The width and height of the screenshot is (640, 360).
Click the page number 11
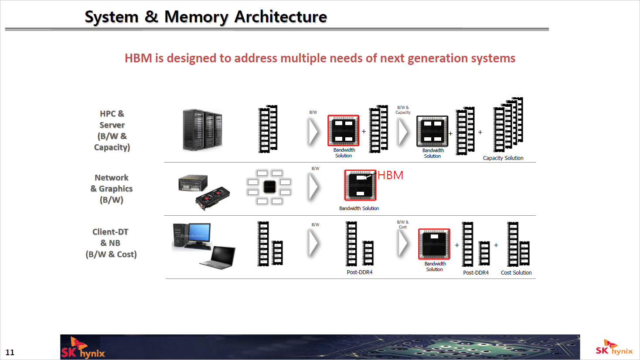(10, 352)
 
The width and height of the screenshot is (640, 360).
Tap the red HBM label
(390, 175)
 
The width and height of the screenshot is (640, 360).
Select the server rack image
(202, 130)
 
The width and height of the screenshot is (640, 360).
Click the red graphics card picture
(213, 198)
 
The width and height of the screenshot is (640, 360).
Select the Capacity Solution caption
(503, 158)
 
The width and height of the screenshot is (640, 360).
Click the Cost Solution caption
(516, 273)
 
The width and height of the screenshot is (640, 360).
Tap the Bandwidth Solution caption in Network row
(359, 208)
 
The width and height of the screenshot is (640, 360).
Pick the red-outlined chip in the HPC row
(344, 130)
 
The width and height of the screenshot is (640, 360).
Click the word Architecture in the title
(280, 17)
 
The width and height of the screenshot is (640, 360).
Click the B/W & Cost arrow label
(402, 224)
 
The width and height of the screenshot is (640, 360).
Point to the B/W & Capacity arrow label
(403, 110)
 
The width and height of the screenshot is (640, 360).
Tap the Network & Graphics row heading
(112, 189)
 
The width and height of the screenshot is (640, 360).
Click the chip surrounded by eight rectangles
(269, 187)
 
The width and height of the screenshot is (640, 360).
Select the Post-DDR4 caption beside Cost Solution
(476, 273)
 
